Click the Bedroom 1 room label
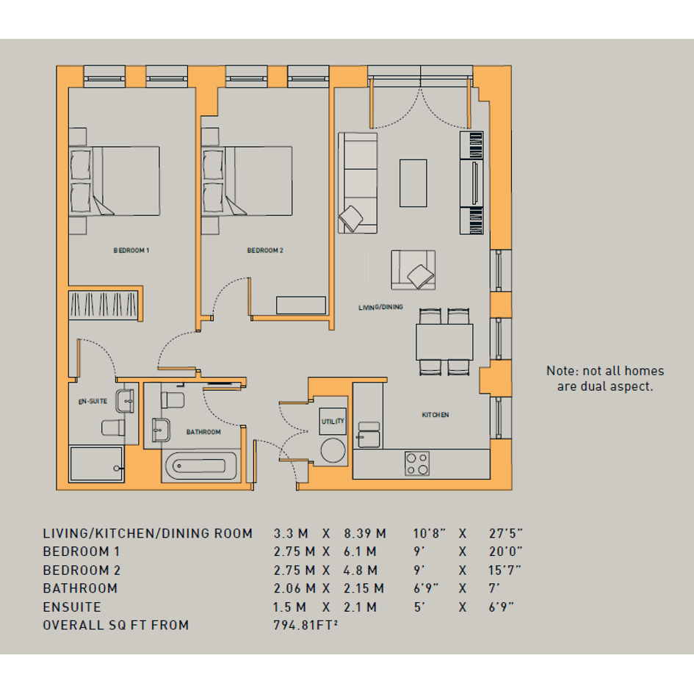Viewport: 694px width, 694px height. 131,250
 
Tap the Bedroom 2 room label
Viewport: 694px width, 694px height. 265,250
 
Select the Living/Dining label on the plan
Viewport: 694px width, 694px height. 380,307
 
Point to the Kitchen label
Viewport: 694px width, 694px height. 435,415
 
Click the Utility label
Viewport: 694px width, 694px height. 333,422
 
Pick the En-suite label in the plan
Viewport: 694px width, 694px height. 93,402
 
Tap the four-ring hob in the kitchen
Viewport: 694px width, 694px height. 417,464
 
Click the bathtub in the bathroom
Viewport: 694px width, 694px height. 201,466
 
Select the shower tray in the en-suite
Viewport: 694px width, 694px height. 96,464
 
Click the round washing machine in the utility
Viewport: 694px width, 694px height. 333,451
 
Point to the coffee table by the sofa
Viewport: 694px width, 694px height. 413,184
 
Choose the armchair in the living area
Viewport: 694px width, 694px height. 413,270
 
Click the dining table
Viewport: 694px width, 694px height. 444,342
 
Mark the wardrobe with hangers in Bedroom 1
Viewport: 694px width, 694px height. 104,305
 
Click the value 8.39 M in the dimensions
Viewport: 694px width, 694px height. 365,534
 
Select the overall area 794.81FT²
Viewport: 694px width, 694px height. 306,625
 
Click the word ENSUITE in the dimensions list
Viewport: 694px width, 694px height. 72,607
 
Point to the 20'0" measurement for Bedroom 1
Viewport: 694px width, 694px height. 505,552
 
